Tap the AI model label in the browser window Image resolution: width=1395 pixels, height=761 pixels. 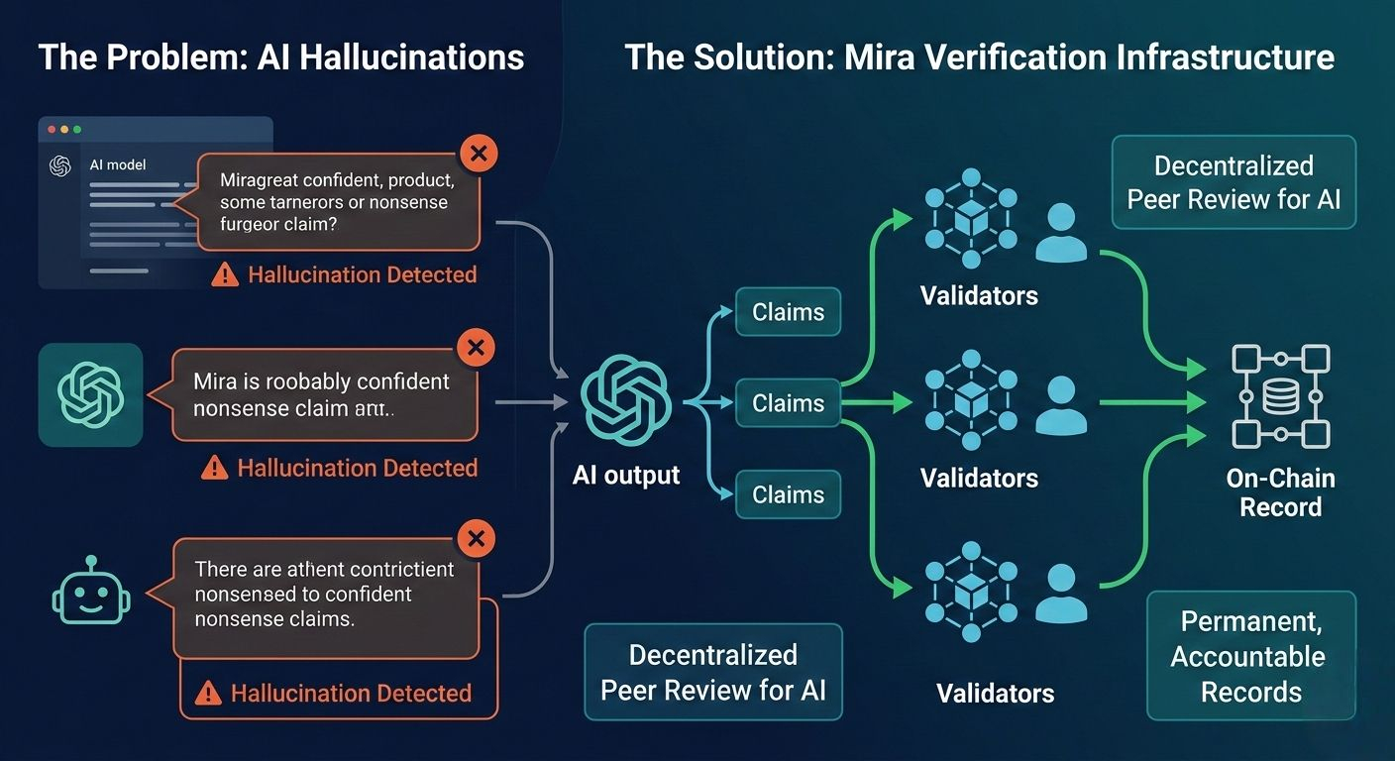tap(117, 164)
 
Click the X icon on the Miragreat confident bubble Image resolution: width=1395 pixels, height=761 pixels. tap(479, 154)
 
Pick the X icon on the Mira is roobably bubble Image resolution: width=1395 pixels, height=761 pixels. tap(475, 347)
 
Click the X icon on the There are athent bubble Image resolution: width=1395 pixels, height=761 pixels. tap(477, 538)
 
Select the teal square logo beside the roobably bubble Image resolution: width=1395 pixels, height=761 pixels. tap(90, 394)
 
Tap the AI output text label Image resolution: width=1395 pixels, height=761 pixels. tap(626, 475)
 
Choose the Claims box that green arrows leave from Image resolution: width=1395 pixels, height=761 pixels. tap(788, 403)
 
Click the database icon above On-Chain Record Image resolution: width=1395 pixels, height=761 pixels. tap(1280, 396)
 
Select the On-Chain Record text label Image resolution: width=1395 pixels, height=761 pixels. tap(1280, 492)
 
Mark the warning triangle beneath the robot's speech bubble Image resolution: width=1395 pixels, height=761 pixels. tap(208, 694)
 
